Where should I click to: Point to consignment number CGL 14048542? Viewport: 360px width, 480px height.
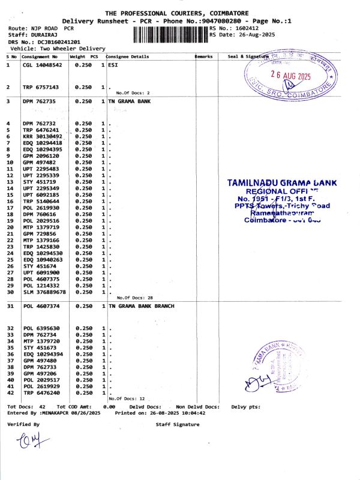click(x=42, y=64)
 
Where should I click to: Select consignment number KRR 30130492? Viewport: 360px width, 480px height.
click(x=42, y=136)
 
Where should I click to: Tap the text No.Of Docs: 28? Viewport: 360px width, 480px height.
click(x=135, y=298)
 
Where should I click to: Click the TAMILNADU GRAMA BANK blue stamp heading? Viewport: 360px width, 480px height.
click(x=282, y=182)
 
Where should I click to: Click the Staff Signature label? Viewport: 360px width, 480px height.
click(x=177, y=424)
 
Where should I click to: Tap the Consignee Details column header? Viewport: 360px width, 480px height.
click(x=127, y=56)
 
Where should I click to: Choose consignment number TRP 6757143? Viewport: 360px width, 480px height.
click(x=41, y=87)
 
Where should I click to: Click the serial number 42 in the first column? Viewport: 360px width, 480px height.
click(x=10, y=393)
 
